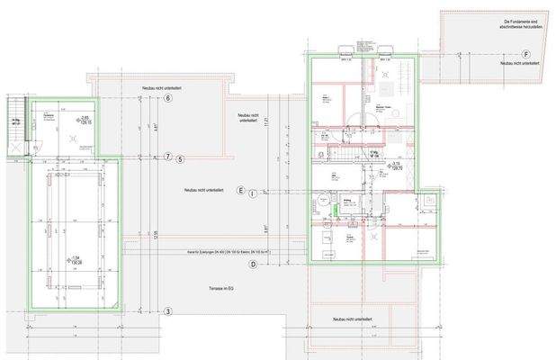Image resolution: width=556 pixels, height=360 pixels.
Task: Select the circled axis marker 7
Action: (167, 157)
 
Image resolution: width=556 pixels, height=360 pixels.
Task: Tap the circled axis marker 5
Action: (180, 158)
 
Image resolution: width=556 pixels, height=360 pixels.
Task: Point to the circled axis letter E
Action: (240, 190)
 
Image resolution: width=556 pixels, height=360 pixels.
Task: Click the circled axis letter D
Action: (254, 264)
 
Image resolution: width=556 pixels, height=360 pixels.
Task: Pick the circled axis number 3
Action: (167, 311)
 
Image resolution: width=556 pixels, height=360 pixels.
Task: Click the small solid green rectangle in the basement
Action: (335, 211)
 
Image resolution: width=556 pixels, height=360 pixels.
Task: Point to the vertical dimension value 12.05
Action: (156, 236)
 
